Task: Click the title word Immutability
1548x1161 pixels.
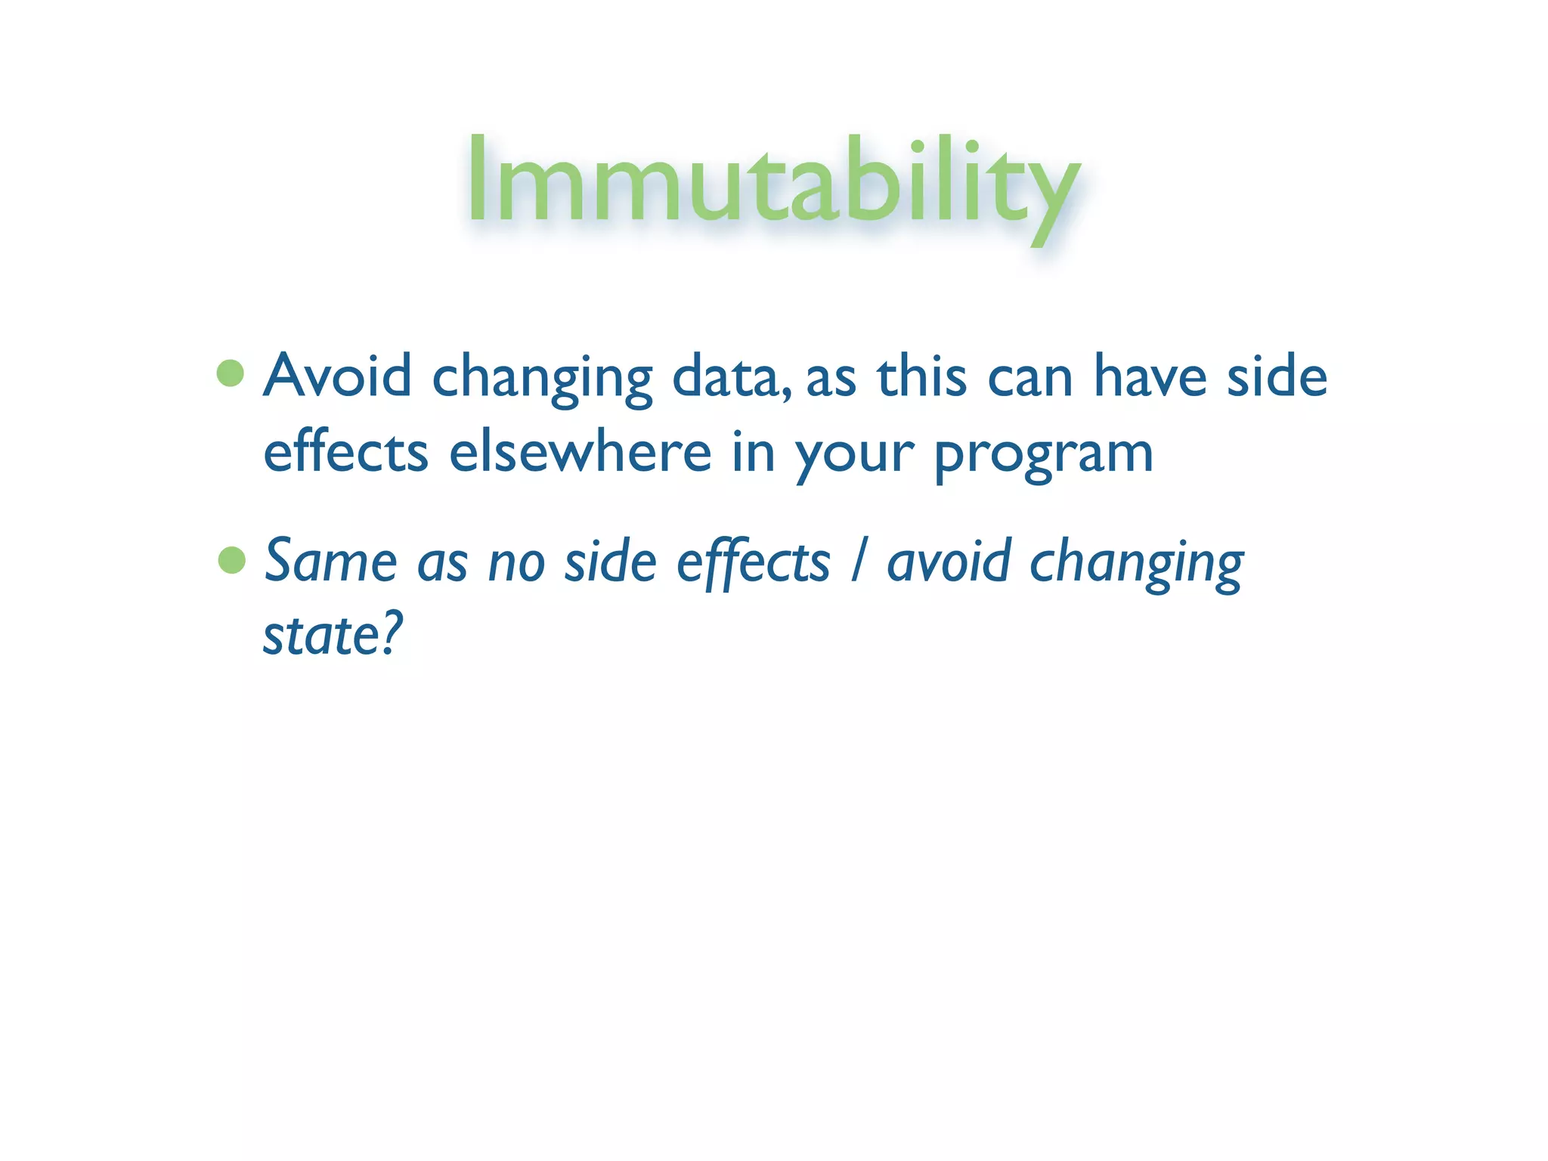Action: click(772, 181)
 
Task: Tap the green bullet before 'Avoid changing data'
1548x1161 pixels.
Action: click(231, 373)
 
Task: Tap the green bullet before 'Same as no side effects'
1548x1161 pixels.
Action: click(231, 560)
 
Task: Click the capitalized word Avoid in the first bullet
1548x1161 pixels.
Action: click(338, 376)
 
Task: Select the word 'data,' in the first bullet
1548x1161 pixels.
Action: click(732, 377)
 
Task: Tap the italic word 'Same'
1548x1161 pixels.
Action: click(330, 562)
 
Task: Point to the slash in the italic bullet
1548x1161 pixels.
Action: click(857, 562)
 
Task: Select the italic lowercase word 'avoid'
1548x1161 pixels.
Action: click(949, 562)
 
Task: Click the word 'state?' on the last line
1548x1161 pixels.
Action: click(333, 635)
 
